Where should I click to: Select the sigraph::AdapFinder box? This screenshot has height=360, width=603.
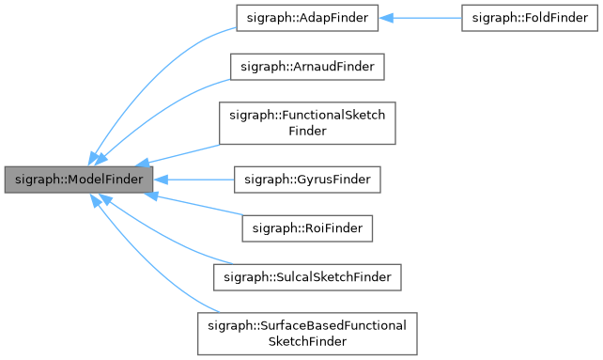(x=304, y=18)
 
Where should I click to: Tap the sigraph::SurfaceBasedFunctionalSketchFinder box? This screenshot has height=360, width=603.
(x=304, y=333)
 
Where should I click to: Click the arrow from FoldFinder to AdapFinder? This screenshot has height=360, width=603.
(x=423, y=18)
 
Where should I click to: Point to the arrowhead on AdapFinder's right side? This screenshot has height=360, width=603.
(x=384, y=18)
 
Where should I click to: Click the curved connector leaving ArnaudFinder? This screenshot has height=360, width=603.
(x=169, y=103)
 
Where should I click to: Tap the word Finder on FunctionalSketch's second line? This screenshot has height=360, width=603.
(x=307, y=132)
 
